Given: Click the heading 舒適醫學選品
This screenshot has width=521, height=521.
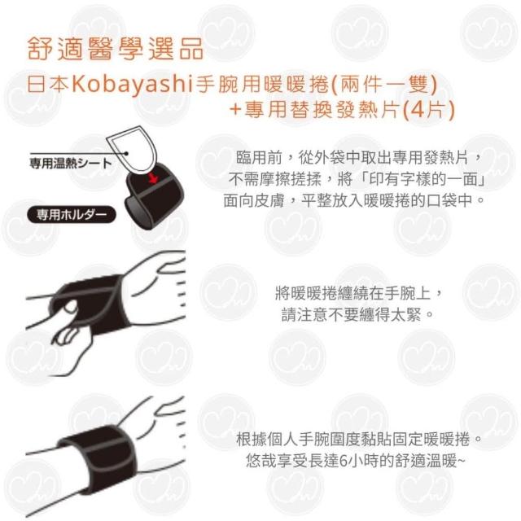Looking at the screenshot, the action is pos(116,49).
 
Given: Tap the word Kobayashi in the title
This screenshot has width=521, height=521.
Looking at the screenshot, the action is pos(133,84).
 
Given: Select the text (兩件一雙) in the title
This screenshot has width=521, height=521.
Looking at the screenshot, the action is pos(384,84).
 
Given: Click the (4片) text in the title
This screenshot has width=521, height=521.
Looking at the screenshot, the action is pos(428,109).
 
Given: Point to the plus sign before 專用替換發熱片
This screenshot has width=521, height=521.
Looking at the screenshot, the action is pos(235,110).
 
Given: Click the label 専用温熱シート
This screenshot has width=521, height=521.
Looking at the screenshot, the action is pos(71,164).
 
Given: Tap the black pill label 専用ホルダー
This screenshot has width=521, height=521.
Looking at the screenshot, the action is pos(72,215).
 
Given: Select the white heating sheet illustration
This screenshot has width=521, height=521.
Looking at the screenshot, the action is pos(131,149).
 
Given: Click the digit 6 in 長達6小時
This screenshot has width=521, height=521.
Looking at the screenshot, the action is pos(344,461).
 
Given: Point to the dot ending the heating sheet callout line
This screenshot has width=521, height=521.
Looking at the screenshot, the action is pos(127,154).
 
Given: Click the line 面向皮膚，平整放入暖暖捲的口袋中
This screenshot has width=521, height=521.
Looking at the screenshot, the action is pos(354,200).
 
